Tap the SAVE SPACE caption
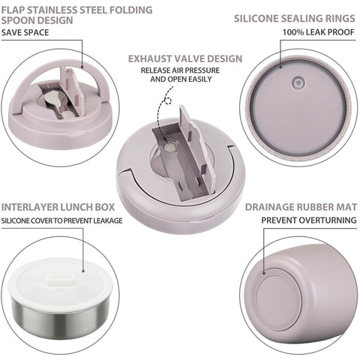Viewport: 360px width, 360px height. [26, 34]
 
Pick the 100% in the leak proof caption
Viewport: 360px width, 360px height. [295, 34]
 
